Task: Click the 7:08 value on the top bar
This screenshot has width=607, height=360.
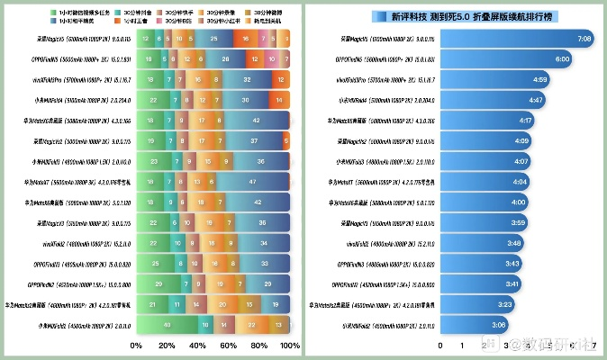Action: pos(584,40)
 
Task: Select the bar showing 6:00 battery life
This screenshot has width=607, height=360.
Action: pos(504,58)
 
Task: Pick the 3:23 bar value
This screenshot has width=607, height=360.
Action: pos(504,304)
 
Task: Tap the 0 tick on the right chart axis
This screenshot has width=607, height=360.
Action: pos(440,345)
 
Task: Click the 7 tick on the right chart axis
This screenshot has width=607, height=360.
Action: pos(594,345)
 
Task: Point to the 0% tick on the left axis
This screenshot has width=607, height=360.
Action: pos(137,346)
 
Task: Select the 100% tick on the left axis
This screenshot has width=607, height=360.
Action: pos(290,346)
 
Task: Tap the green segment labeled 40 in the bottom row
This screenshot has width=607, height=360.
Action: pos(168,324)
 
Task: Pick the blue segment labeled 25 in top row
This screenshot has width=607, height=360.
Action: pos(213,40)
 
